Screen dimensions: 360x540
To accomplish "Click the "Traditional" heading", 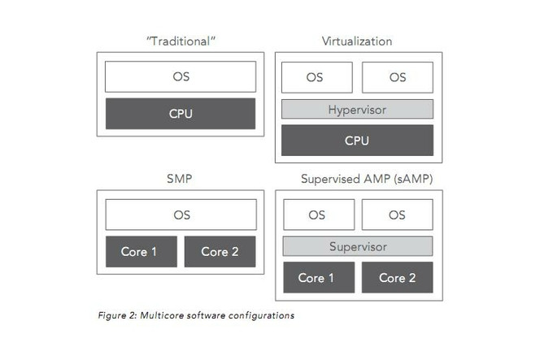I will coord(180,41).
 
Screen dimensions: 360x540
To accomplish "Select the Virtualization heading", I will coord(357,41).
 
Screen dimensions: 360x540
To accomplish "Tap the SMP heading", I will coord(180,179).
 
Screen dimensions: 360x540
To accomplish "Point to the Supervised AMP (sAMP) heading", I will coord(357,179).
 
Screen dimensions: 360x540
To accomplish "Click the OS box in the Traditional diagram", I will coord(180,76).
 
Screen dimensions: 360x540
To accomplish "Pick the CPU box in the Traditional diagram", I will coord(180,114).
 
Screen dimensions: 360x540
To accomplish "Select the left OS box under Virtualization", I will coord(316,77).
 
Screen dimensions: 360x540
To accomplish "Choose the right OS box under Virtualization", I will coord(397,77).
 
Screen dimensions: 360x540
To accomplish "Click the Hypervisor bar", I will coord(357,109).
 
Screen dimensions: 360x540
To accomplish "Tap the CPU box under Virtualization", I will coord(357,140).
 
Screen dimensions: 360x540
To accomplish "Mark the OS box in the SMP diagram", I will coord(180,215).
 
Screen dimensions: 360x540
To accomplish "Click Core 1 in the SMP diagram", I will coord(139,252).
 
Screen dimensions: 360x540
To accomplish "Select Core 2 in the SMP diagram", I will coord(220,252).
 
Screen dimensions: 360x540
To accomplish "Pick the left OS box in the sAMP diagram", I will coord(316,215).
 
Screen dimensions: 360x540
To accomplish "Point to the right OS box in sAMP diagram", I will coord(397,215).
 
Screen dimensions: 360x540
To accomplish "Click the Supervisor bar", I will coord(357,246).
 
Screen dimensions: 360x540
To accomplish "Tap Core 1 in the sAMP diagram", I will coord(316,278).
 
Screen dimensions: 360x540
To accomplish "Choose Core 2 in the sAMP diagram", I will coord(397,278).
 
